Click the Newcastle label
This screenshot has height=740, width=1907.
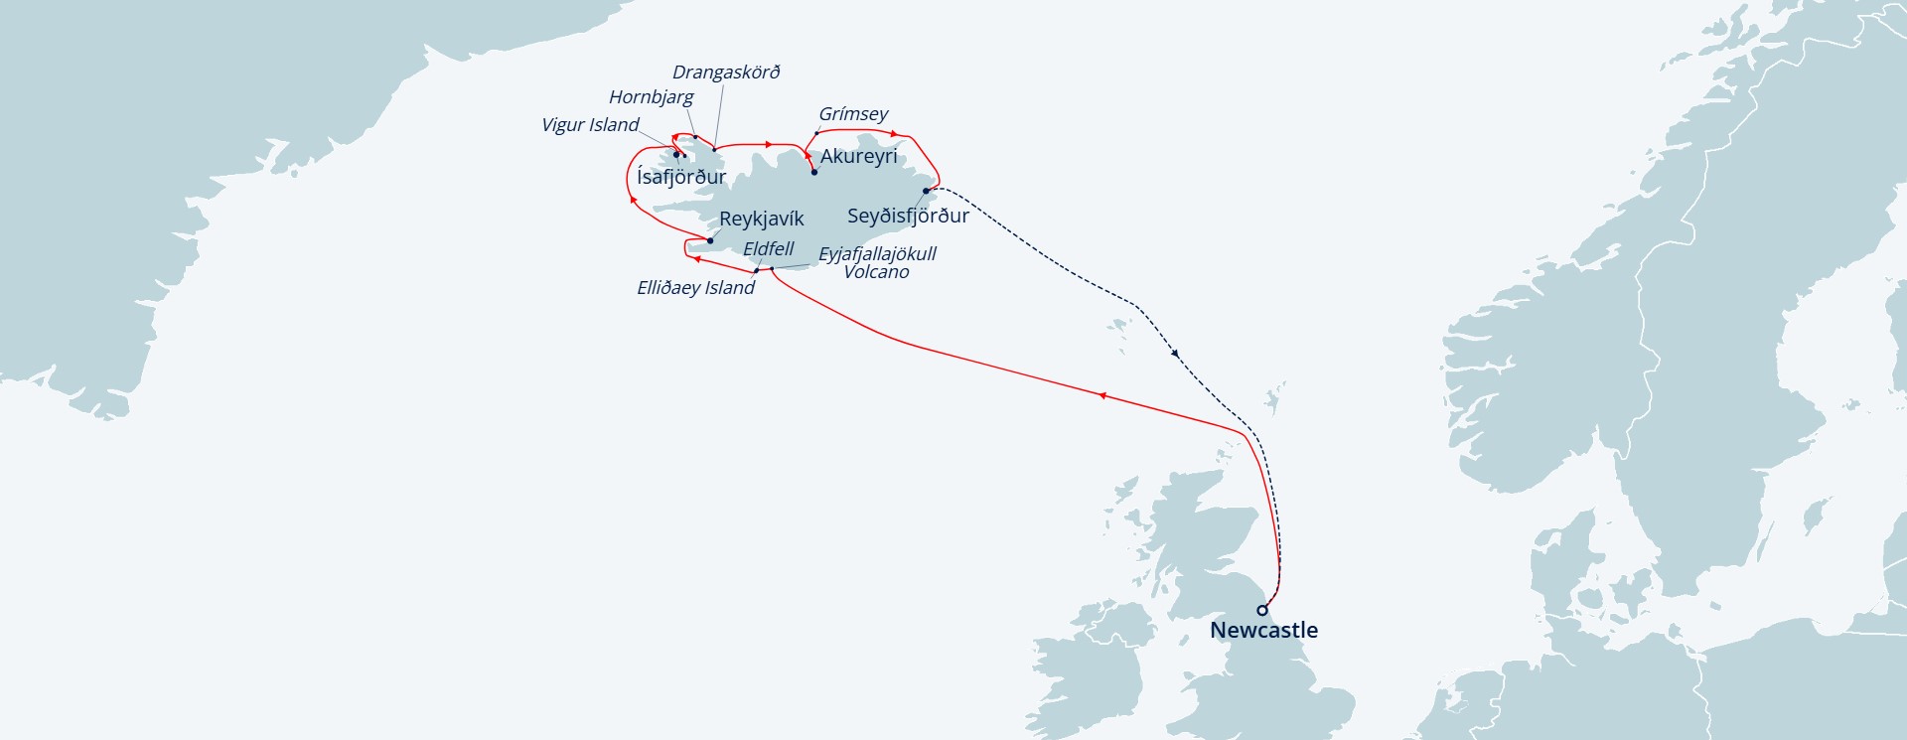coord(1263,630)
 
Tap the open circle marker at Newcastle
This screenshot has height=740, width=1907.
coord(1262,610)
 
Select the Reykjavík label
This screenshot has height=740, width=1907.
coord(761,219)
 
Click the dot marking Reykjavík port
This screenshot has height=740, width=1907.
coord(709,240)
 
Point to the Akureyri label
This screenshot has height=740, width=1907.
coord(858,156)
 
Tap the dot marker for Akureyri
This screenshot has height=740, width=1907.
coord(814,172)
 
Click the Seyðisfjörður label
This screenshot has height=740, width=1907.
coord(908,216)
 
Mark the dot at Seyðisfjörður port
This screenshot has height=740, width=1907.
coord(926,191)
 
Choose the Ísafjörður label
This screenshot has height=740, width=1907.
coord(681,177)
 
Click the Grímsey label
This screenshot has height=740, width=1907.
coord(853,114)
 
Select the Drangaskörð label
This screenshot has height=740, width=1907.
coord(726,73)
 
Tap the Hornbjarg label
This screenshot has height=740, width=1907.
coord(652,97)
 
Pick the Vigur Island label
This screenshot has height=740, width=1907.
coord(590,125)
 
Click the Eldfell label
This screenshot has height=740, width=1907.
coord(768,249)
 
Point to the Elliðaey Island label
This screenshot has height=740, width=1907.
coord(695,288)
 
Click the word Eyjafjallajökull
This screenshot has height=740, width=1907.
coord(877,254)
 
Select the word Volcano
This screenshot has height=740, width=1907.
coord(876,272)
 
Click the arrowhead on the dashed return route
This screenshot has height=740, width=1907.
coord(1175,353)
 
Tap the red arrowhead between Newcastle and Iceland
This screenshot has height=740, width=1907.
coord(1101,395)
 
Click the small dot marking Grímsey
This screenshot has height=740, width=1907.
coord(817,133)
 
